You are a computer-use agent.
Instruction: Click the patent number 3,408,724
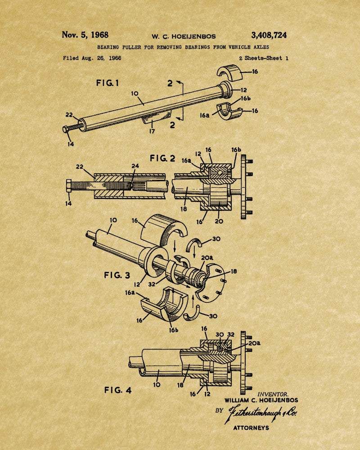[x=269, y=35]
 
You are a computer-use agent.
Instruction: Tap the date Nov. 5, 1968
[x=85, y=35]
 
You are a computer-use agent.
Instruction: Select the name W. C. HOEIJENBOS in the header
[x=184, y=36]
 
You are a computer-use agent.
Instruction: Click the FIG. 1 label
[x=108, y=83]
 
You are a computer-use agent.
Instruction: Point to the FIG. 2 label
[x=162, y=158]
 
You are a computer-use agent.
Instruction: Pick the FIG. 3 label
[x=117, y=275]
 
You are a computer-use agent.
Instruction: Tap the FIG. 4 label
[x=118, y=390]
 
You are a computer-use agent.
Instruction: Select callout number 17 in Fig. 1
[x=152, y=131]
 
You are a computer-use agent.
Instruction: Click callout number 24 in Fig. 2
[x=135, y=166]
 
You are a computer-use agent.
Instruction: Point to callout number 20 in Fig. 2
[x=219, y=221]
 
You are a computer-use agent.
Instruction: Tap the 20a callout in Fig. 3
[x=207, y=258]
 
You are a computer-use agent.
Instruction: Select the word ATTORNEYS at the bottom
[x=251, y=428]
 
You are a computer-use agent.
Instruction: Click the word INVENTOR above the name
[x=273, y=394]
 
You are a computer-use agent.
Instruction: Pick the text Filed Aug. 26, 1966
[x=92, y=58]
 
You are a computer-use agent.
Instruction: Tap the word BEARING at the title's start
[x=108, y=47]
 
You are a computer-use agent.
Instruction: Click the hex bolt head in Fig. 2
[x=68, y=186]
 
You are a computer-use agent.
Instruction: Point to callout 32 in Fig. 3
[x=152, y=284]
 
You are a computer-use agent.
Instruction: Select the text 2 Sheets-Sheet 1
[x=264, y=58]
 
